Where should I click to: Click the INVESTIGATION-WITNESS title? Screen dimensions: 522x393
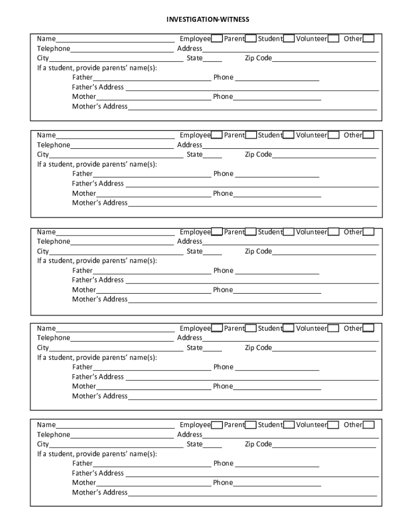208,19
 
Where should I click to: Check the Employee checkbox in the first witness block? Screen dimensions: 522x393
216,39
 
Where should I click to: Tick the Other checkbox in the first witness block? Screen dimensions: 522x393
368,39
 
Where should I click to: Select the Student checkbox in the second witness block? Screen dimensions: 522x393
288,135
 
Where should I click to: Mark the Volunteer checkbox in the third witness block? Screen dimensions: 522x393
334,232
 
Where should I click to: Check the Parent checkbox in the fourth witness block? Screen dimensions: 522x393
251,328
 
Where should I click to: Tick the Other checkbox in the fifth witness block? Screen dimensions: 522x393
368,425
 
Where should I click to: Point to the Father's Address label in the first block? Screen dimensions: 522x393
97,87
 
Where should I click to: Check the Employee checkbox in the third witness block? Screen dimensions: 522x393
216,232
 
